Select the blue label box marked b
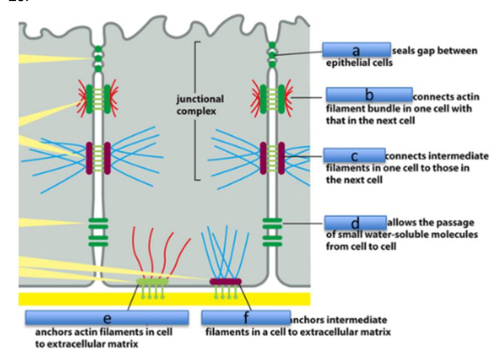tap(368, 94)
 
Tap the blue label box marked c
tap(354, 156)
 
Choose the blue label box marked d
tap(355, 222)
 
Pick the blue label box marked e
tap(107, 317)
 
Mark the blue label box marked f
tap(246, 317)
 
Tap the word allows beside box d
tap(402, 222)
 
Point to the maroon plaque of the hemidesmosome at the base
tap(225, 281)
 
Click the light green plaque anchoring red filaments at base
tap(153, 282)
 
